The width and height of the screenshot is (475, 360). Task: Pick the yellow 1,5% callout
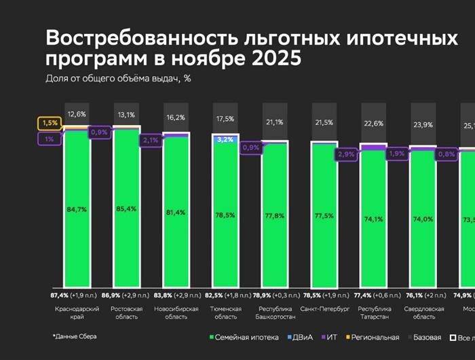click(49, 124)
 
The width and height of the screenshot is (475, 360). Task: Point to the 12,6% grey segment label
click(77, 113)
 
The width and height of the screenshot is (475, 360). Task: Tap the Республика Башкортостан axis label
click(275, 312)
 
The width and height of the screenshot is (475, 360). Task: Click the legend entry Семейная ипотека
click(243, 336)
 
